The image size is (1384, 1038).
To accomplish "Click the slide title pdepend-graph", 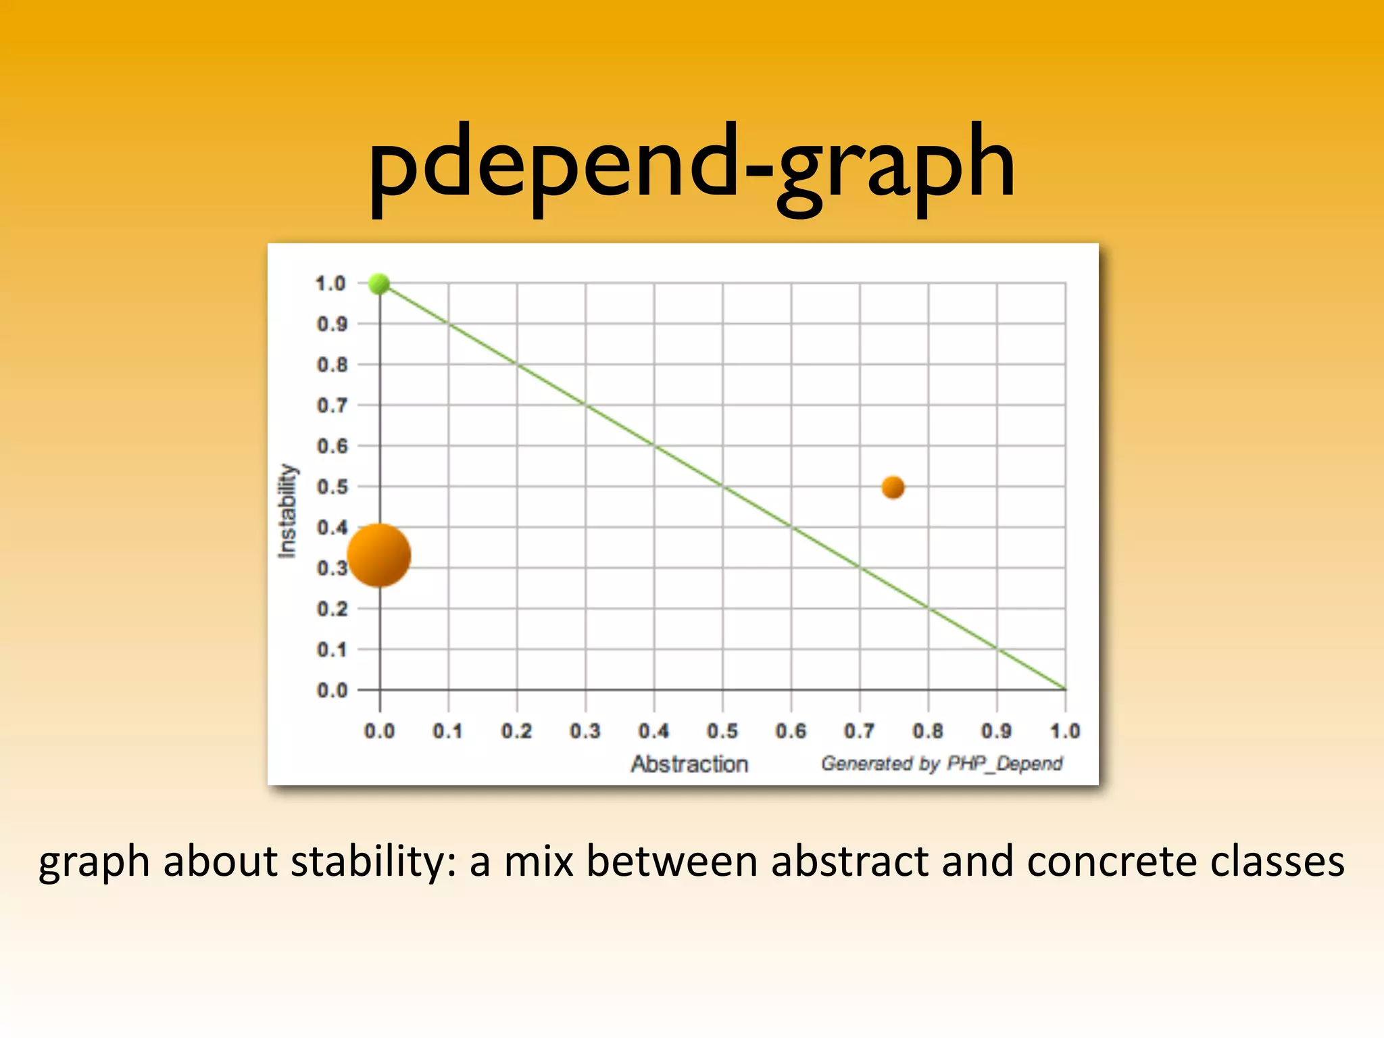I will tap(691, 166).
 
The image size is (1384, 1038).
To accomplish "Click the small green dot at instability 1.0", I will tap(379, 284).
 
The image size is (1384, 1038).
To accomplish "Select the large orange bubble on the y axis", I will tap(378, 555).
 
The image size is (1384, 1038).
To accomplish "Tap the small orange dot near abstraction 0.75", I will tap(893, 487).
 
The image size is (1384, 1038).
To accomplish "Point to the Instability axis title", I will tap(287, 511).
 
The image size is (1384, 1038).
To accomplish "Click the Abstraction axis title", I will tap(689, 764).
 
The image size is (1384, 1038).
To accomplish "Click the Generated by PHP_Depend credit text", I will tap(941, 764).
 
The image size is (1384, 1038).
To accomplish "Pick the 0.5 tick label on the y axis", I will tap(332, 487).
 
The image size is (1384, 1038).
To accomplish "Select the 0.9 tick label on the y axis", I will tap(332, 324).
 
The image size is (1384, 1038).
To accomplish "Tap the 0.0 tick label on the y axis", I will tap(332, 691).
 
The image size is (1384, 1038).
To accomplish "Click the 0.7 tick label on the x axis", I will tap(859, 731).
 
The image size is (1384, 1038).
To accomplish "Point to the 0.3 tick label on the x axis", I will tap(585, 731).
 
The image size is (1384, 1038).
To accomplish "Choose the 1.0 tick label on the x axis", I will tap(1065, 731).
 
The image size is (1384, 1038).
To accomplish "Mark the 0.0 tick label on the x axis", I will tap(379, 731).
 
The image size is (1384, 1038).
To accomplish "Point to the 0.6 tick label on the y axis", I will tap(332, 447).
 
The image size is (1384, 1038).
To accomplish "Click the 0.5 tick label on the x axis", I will tap(722, 731).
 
